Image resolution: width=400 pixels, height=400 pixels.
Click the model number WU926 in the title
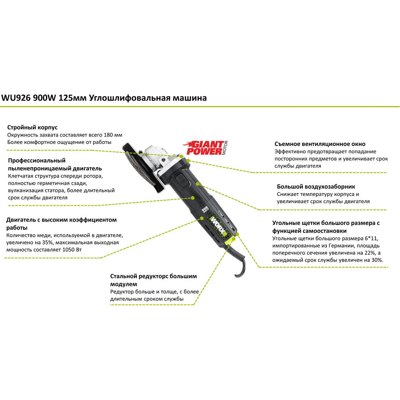pyautogui.click(x=16, y=98)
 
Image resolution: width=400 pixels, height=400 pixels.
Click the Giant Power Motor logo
pyautogui.click(x=205, y=148)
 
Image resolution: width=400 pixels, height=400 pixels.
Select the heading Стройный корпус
pyautogui.click(x=32, y=127)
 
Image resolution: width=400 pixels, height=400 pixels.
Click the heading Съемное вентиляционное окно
pyautogui.click(x=320, y=144)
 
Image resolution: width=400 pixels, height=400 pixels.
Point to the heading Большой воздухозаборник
pyautogui.click(x=316, y=187)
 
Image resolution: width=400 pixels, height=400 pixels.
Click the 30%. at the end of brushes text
pyautogui.click(x=377, y=260)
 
